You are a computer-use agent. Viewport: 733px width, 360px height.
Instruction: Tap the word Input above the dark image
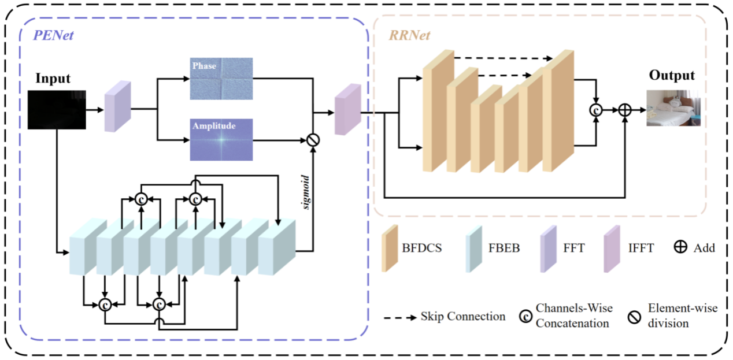pos(53,78)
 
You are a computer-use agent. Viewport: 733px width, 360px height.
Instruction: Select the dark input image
pos(57,109)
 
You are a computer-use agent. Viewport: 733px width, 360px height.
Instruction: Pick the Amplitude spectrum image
pos(221,139)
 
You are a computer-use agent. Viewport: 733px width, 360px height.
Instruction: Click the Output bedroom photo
pos(673,108)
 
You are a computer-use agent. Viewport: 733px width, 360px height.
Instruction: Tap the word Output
pos(672,76)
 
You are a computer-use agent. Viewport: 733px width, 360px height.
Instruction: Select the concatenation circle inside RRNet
pos(595,110)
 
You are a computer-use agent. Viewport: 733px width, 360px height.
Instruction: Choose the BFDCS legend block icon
pos(390,249)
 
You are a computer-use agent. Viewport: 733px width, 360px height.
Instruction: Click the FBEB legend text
pos(502,248)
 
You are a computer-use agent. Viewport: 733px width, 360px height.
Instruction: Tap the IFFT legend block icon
pos(611,249)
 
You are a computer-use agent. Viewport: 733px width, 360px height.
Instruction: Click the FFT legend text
pos(575,248)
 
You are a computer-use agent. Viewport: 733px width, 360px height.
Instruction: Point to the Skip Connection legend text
pos(462,317)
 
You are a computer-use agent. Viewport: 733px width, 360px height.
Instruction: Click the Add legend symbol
pos(680,248)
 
